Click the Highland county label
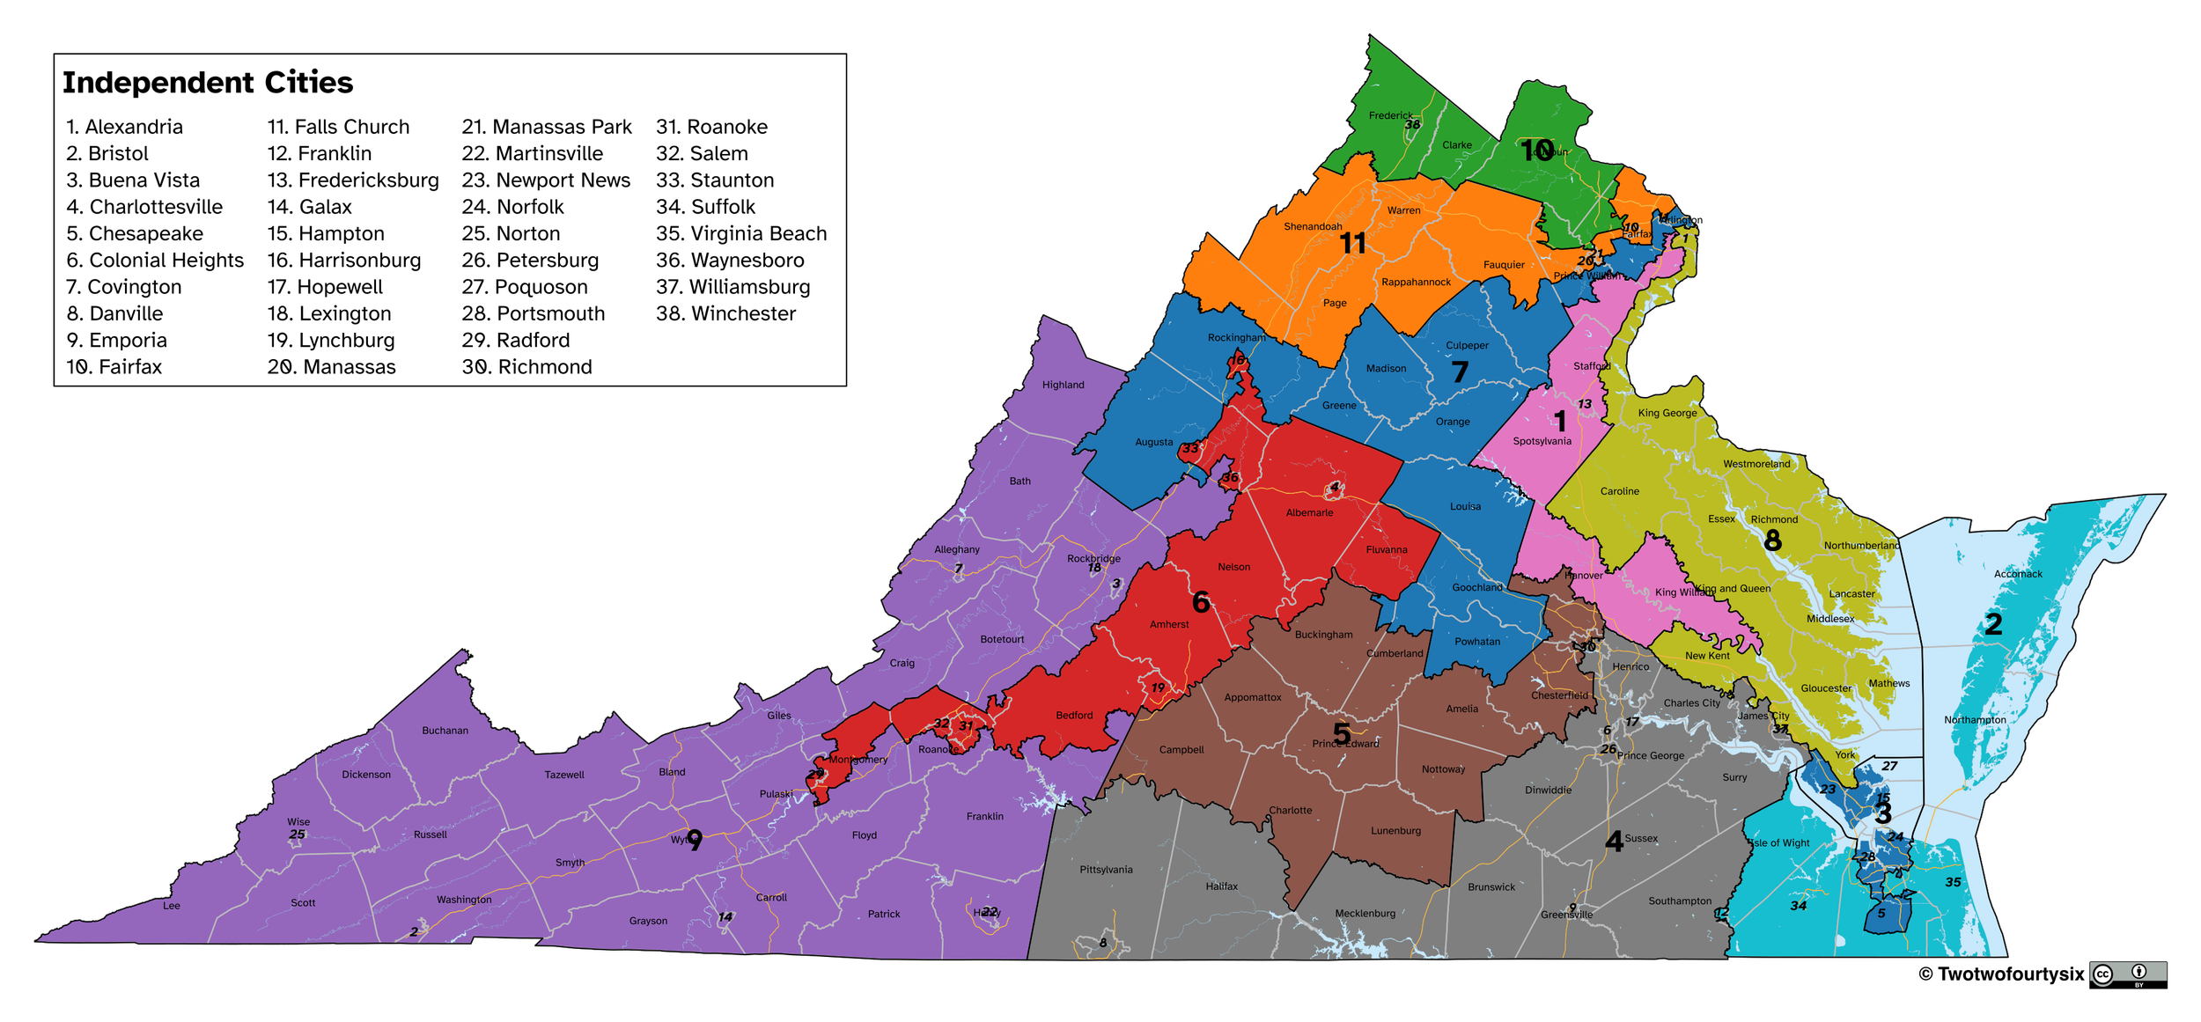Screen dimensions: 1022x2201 point(1063,385)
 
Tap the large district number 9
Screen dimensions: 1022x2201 point(695,841)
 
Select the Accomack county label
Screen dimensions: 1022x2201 point(2018,574)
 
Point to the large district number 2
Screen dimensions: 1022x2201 point(1993,624)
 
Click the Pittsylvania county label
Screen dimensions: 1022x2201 point(1106,870)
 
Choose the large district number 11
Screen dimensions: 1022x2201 point(1352,243)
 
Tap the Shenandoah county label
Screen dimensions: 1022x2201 point(1313,226)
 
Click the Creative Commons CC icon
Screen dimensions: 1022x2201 point(2102,974)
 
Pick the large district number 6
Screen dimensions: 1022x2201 point(1201,602)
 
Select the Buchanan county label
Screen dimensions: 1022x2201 point(445,731)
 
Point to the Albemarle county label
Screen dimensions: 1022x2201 point(1309,512)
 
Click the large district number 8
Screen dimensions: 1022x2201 point(1773,540)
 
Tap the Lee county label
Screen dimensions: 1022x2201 point(172,906)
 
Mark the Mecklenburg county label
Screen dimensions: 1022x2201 point(1365,914)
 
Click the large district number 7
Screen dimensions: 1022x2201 point(1460,372)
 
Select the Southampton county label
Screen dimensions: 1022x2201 point(1680,901)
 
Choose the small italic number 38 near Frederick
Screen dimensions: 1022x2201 point(1412,125)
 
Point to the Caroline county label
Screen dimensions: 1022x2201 point(1619,491)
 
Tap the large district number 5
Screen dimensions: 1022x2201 point(1342,732)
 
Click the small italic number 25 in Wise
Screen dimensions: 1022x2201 point(298,835)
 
